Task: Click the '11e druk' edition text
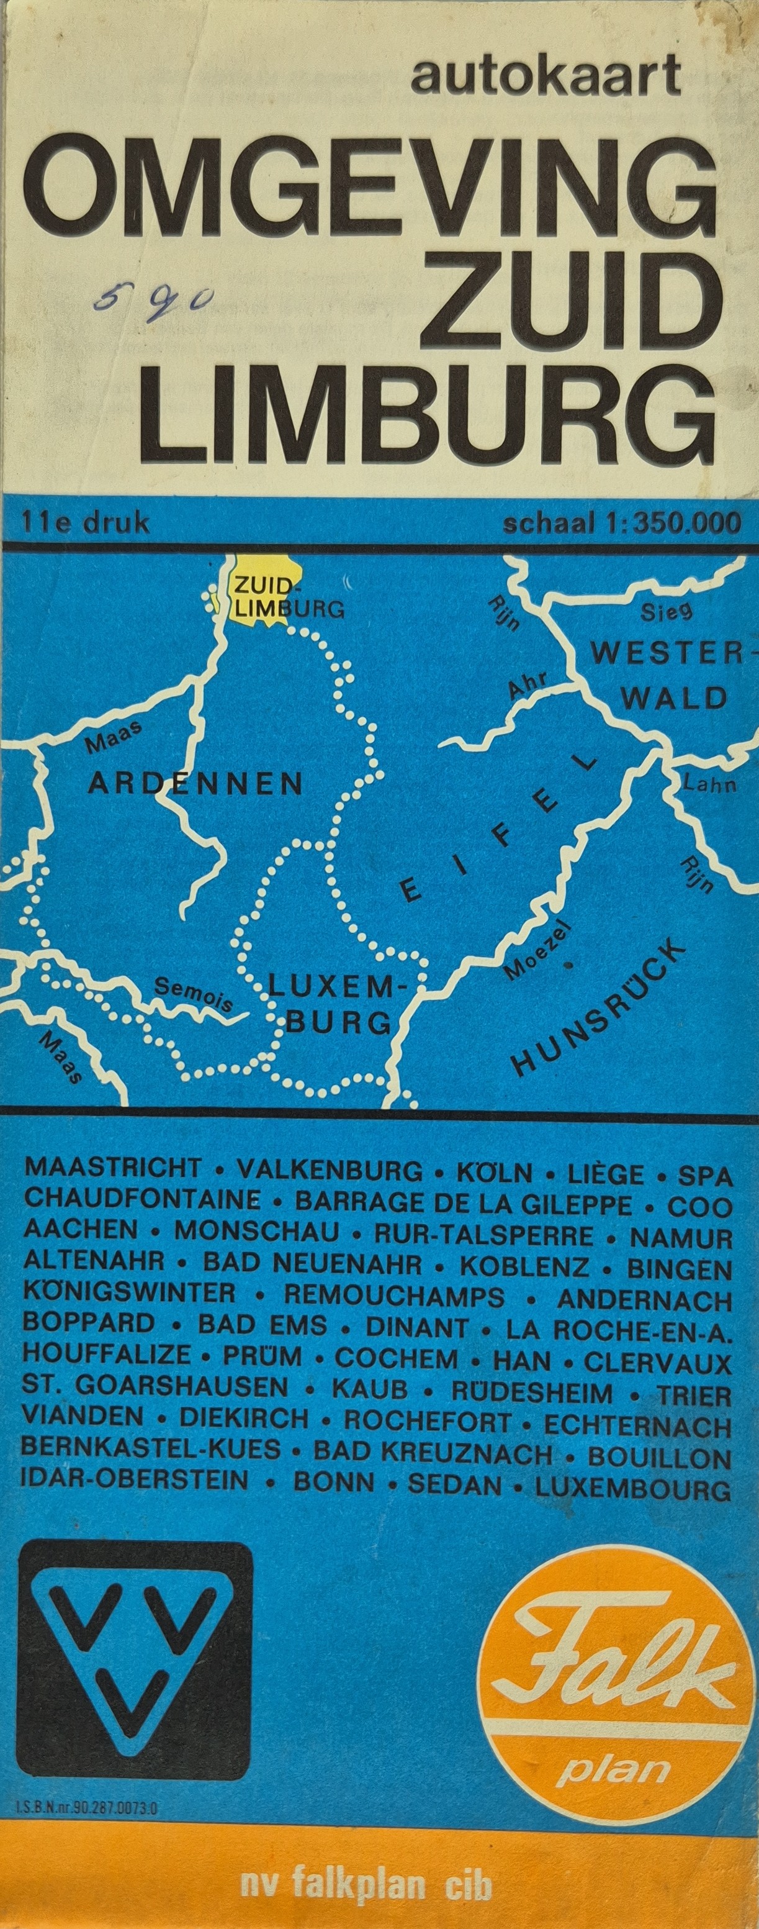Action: [86, 522]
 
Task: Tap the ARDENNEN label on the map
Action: [195, 784]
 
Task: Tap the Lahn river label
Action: [709, 785]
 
